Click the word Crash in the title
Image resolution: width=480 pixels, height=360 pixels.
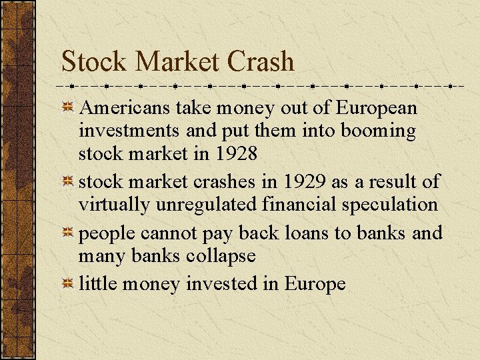[x=261, y=62]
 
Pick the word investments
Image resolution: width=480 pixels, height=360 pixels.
[x=123, y=131]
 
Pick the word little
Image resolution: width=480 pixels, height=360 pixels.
[x=95, y=284]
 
